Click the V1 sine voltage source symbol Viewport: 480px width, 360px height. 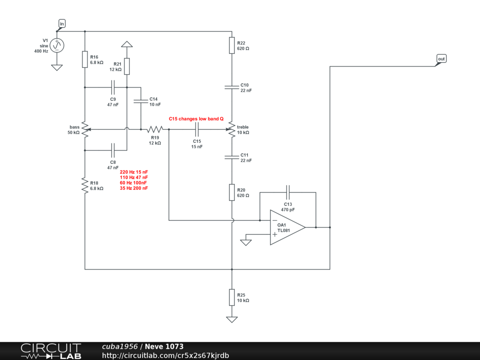coord(57,45)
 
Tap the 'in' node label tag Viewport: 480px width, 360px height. coord(62,23)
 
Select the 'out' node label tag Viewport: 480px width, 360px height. coord(441,59)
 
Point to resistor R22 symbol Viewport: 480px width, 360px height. coord(232,45)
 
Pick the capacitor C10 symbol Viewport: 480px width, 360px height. coord(232,87)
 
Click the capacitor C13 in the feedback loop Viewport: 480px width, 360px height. coord(288,193)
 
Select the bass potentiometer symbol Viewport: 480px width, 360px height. coord(85,129)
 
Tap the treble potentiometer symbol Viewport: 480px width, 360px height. coord(231,129)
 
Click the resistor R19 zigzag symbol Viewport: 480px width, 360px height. coord(155,129)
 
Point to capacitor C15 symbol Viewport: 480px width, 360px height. coord(197,129)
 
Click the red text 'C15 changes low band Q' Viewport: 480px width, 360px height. coord(196,119)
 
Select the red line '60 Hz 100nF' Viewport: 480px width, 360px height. coord(133,183)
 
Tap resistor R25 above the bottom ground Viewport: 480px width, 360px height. coord(232,297)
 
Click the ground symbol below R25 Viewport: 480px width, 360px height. coord(232,319)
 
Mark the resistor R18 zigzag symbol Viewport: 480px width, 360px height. coord(85,185)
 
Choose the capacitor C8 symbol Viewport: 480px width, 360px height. coord(112,150)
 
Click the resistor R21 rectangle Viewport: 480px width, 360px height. coord(127,67)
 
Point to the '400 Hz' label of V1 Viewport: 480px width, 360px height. coord(41,51)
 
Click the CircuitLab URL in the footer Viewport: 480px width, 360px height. coord(165,355)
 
